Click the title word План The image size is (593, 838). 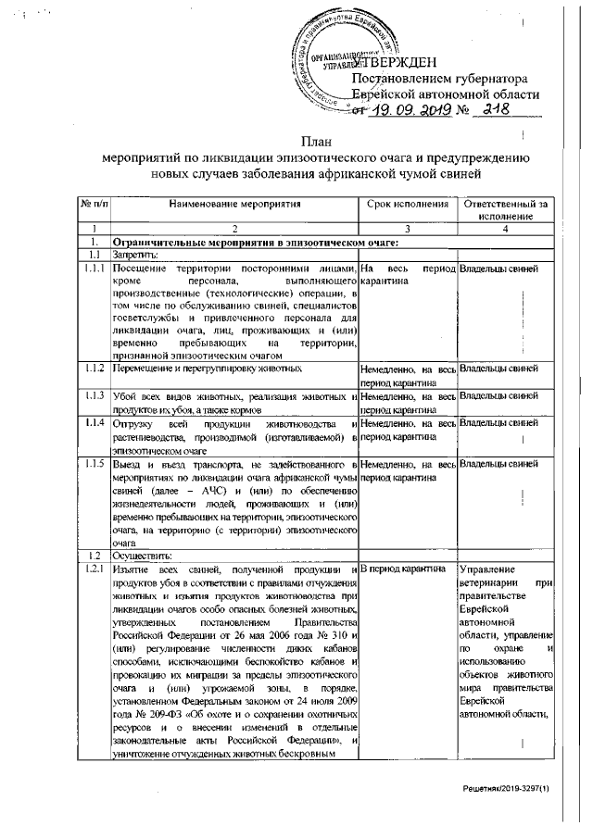click(x=316, y=141)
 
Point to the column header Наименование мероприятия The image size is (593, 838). click(x=235, y=203)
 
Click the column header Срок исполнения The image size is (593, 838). click(x=408, y=203)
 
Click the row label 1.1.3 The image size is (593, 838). click(x=93, y=396)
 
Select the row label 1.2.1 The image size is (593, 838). click(x=93, y=568)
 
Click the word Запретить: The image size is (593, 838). click(x=135, y=255)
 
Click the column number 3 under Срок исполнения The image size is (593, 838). click(x=408, y=228)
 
